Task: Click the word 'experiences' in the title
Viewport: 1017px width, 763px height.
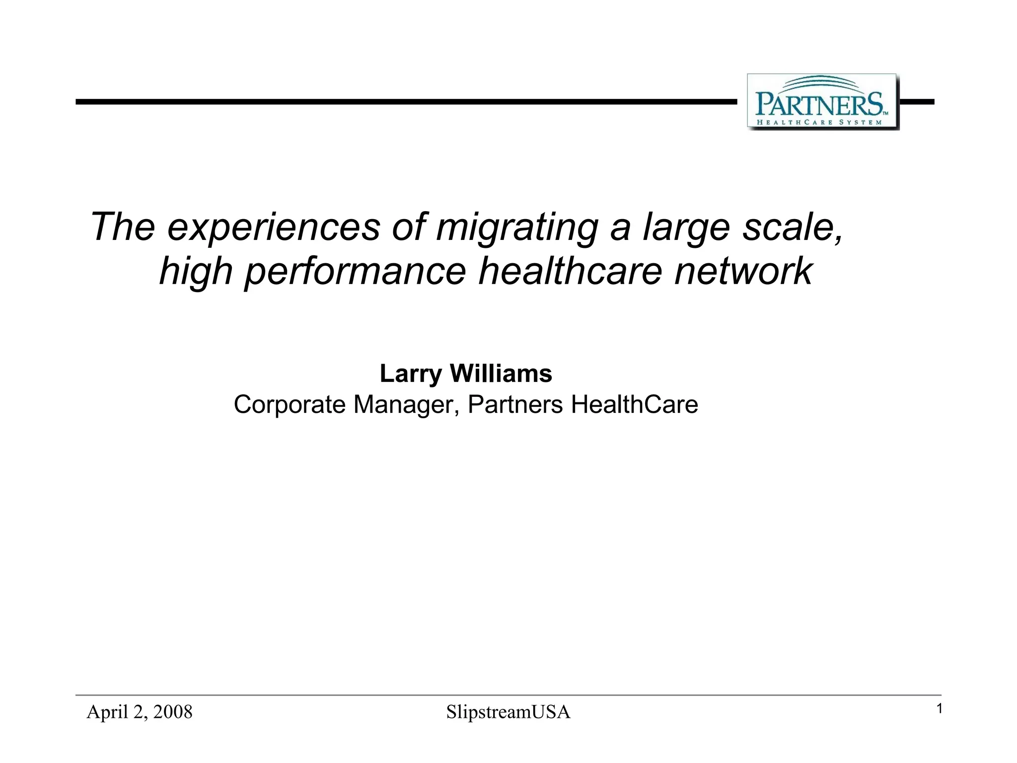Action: (x=274, y=227)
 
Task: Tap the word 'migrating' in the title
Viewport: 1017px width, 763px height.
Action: (x=516, y=227)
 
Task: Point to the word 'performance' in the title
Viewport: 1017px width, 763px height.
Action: (x=356, y=272)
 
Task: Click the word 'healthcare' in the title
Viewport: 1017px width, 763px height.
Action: (x=570, y=272)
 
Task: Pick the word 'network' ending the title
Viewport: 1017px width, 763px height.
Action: (x=743, y=272)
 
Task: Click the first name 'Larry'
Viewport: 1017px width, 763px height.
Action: (x=410, y=374)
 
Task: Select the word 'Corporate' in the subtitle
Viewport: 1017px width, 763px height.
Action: (x=290, y=404)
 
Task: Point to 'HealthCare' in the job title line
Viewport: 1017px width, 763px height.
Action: (x=634, y=404)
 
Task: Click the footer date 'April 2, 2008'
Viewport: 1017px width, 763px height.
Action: (x=140, y=712)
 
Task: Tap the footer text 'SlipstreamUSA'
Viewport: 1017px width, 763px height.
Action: (x=508, y=712)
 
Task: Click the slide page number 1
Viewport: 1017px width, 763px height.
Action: (x=939, y=709)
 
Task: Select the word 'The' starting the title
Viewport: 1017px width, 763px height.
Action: (x=123, y=227)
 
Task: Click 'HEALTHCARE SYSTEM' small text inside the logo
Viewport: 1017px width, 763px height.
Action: (x=819, y=122)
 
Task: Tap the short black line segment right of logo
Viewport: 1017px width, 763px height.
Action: (x=917, y=102)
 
